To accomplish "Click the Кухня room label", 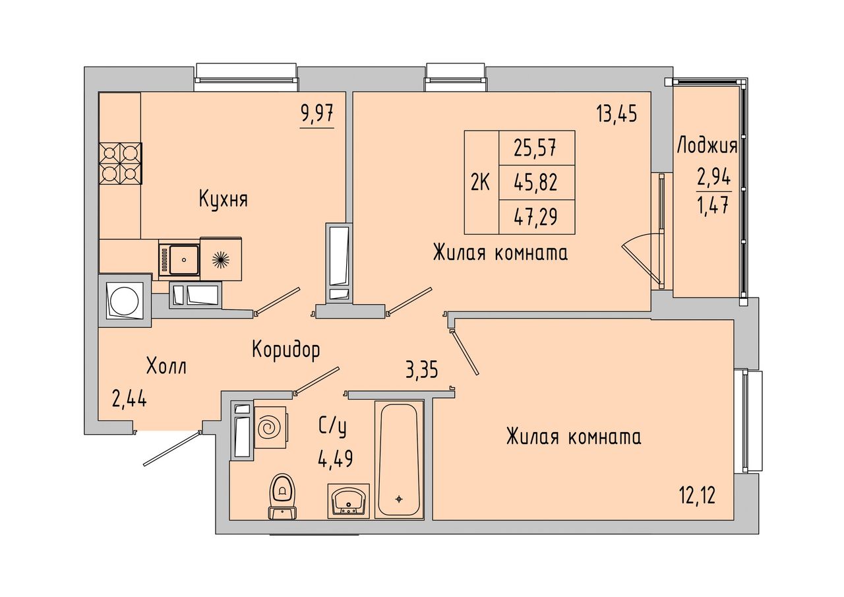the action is coord(224,200).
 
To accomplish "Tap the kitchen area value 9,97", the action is coord(317,113).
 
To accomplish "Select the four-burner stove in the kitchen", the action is coord(121,164).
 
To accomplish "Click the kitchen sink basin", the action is coord(184,259).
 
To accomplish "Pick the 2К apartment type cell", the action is coord(481,183).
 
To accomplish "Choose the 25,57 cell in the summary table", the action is coord(537,148).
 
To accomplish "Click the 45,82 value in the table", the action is coord(537,183).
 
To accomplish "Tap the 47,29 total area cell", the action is coord(537,217).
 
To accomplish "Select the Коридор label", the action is coord(286,350).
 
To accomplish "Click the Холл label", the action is coord(167,366).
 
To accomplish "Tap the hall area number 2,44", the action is coord(129,399).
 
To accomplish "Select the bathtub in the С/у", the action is coord(399,459).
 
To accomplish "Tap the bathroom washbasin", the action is coord(349,501).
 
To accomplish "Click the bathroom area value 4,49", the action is coord(335,459).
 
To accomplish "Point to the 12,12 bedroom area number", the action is coord(698,495).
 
